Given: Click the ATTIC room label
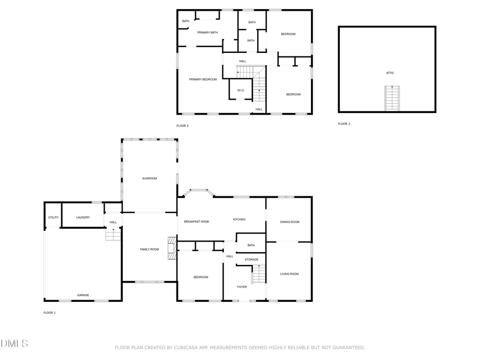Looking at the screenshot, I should pyautogui.click(x=390, y=73).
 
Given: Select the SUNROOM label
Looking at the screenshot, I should pyautogui.click(x=149, y=178).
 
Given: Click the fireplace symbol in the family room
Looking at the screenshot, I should pyautogui.click(x=171, y=249).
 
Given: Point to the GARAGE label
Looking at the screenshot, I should pyautogui.click(x=83, y=295).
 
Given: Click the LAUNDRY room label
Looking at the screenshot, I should pyautogui.click(x=83, y=217).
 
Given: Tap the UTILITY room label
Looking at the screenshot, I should pyautogui.click(x=53, y=217).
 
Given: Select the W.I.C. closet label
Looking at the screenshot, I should pyautogui.click(x=241, y=90).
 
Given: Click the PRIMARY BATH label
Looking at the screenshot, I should pyautogui.click(x=207, y=33).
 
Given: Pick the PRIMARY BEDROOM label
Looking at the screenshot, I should pyautogui.click(x=203, y=79).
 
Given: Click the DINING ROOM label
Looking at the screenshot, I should pyautogui.click(x=290, y=222).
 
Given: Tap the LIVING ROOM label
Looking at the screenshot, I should pyautogui.click(x=290, y=274).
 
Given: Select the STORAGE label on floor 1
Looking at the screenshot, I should pyautogui.click(x=251, y=260).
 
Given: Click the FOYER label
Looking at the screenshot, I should pyautogui.click(x=242, y=287).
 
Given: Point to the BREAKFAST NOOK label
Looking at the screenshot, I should pyautogui.click(x=196, y=221).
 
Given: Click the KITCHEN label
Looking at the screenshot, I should pyautogui.click(x=239, y=220).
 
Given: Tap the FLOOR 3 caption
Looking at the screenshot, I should pyautogui.click(x=344, y=124).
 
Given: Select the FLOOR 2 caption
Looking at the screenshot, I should pyautogui.click(x=182, y=126).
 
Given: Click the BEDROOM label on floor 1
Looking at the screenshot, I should pyautogui.click(x=201, y=277).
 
